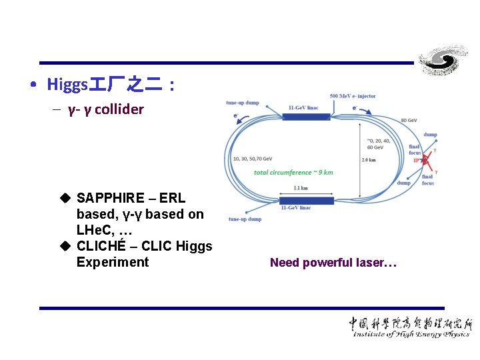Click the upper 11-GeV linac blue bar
point(306,117)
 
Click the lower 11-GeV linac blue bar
point(306,200)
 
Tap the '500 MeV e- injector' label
point(353,96)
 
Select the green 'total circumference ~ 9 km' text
point(293,172)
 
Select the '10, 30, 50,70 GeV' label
point(253,159)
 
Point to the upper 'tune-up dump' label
point(243,103)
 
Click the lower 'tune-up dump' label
point(244,219)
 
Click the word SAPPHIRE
point(111,198)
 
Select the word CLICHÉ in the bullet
point(103,246)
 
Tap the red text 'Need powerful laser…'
point(333,263)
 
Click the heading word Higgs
point(67,85)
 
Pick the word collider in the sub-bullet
point(119,109)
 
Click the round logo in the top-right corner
point(443,61)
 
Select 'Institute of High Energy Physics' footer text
point(412,334)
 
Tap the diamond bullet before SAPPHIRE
point(65,198)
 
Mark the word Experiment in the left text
point(113,262)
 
